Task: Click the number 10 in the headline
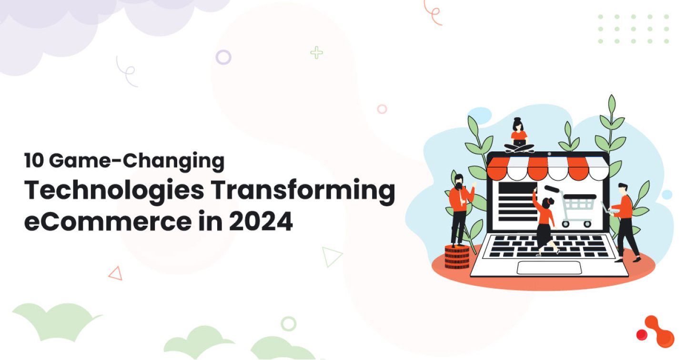pyautogui.click(x=34, y=160)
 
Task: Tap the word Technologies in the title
pyautogui.click(x=114, y=190)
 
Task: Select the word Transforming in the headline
pyautogui.click(x=303, y=190)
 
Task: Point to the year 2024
pyautogui.click(x=261, y=221)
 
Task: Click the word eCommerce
pyautogui.click(x=108, y=221)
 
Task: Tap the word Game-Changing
pyautogui.click(x=137, y=161)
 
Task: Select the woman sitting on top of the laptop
pyautogui.click(x=519, y=135)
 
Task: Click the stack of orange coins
pyautogui.click(x=457, y=257)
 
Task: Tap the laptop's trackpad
pyautogui.click(x=549, y=268)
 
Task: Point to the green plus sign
pyautogui.click(x=316, y=53)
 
